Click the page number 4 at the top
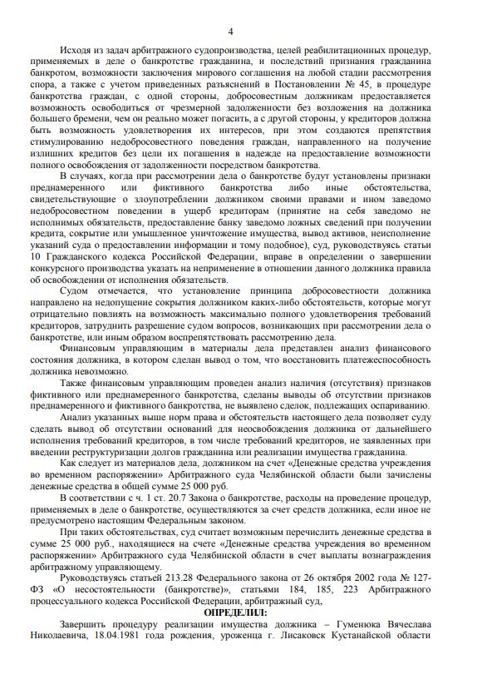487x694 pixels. point(241,29)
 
